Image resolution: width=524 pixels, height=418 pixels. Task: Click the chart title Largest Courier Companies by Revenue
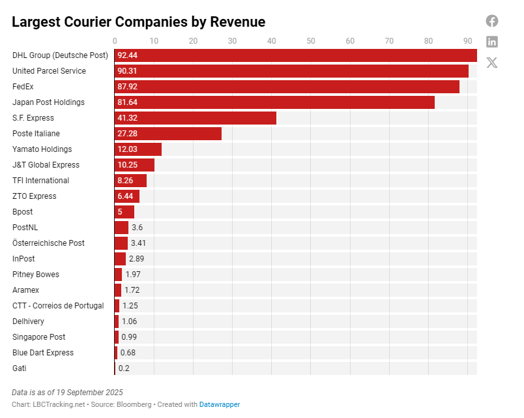138,22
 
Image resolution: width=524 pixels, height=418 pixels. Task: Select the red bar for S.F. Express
196,118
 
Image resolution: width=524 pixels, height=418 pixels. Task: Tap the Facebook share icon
492,21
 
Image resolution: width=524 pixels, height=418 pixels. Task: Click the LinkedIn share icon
492,42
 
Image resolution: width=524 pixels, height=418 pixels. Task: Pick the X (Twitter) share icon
492,63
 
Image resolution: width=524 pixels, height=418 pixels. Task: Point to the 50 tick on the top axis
311,41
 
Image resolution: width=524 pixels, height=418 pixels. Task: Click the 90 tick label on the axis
467,41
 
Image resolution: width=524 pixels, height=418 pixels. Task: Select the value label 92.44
128,55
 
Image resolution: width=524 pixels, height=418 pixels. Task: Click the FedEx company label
23,87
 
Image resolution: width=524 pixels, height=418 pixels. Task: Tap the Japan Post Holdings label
48,102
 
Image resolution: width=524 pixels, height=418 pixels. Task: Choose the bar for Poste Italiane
168,134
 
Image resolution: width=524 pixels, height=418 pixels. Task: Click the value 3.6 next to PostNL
137,228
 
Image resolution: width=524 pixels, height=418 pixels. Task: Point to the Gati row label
20,368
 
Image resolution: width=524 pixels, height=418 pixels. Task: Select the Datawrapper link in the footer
220,404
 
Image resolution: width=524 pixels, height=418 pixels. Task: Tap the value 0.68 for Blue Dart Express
128,353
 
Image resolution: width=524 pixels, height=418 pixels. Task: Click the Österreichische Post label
48,243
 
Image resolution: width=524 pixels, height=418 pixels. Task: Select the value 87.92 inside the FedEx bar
128,87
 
